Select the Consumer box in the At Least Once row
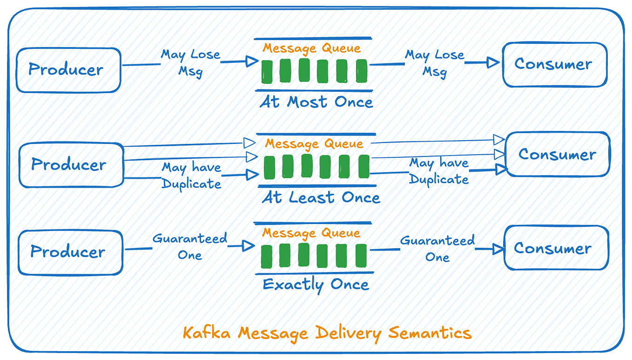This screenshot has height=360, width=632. pyautogui.click(x=557, y=154)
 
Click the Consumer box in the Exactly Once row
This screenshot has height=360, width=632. pyautogui.click(x=556, y=248)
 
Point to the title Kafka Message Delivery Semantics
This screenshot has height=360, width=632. pyautogui.click(x=327, y=333)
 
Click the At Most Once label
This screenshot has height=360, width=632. pyautogui.click(x=316, y=102)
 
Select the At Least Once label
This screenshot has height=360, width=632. pyautogui.click(x=321, y=197)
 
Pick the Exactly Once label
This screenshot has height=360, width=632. pyautogui.click(x=316, y=284)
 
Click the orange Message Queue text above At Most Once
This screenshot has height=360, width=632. pyautogui.click(x=312, y=48)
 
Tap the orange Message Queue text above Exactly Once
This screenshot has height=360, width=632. pyautogui.click(x=311, y=233)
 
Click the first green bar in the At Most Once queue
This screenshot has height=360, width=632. pyautogui.click(x=267, y=71)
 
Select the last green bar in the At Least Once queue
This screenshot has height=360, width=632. pyautogui.click(x=363, y=167)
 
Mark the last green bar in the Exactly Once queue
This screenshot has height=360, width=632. pyautogui.click(x=361, y=256)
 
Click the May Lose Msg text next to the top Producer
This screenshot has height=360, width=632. pyautogui.click(x=190, y=63)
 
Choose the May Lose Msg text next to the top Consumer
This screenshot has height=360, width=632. pyautogui.click(x=435, y=63)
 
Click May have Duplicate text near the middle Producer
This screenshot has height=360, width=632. pyautogui.click(x=191, y=176)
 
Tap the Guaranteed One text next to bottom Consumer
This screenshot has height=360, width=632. pyautogui.click(x=437, y=249)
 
